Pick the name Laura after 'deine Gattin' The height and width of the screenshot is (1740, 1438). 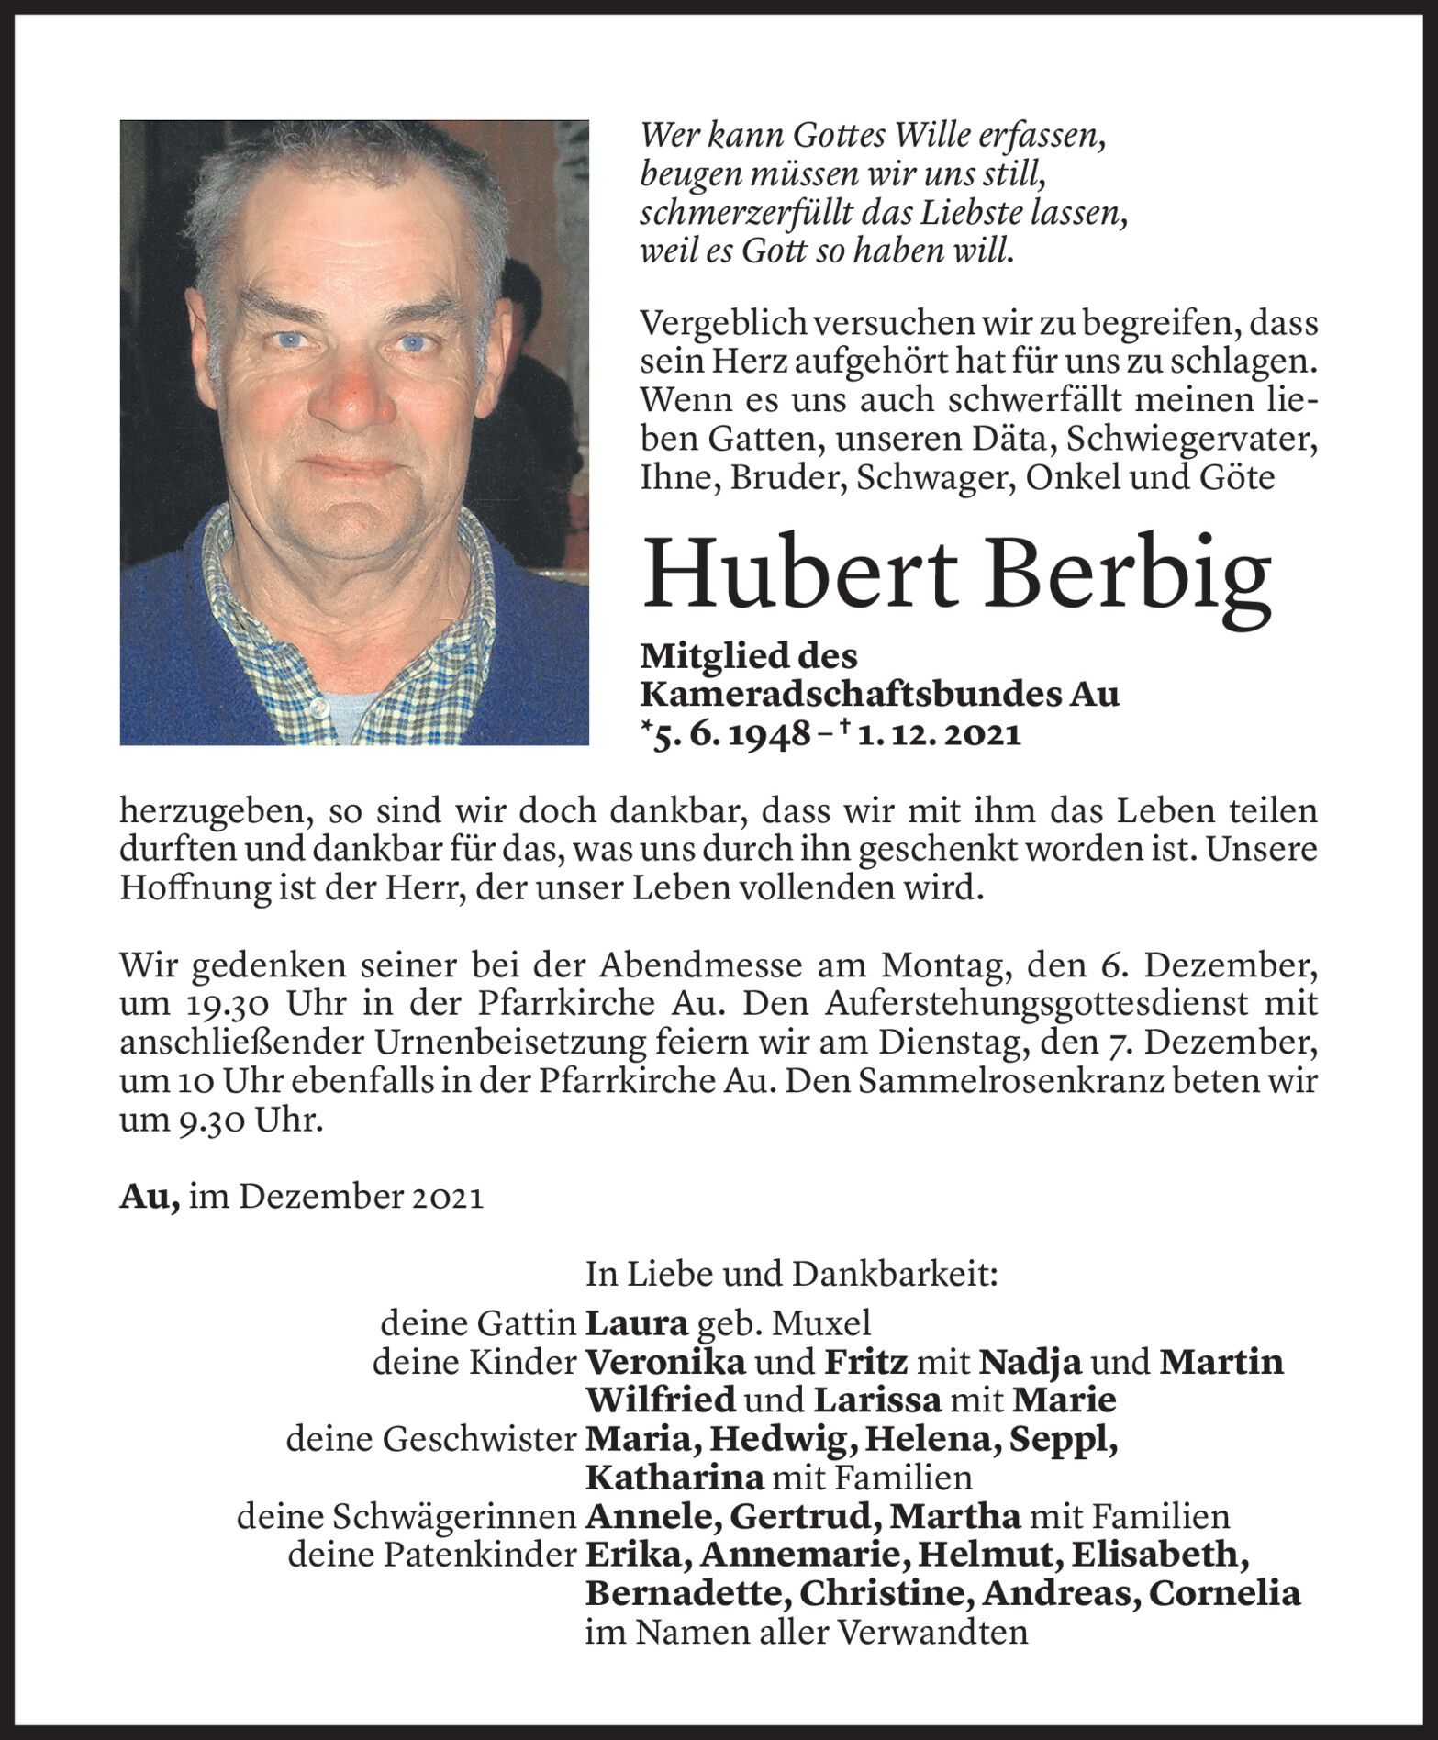636,1322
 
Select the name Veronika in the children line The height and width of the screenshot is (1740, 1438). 664,1362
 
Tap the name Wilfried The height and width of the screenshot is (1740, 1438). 661,1400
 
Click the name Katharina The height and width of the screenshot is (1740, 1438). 674,1478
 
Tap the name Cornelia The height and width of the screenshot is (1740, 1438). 1224,1593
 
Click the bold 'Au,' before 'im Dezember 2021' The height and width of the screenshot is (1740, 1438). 149,1197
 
